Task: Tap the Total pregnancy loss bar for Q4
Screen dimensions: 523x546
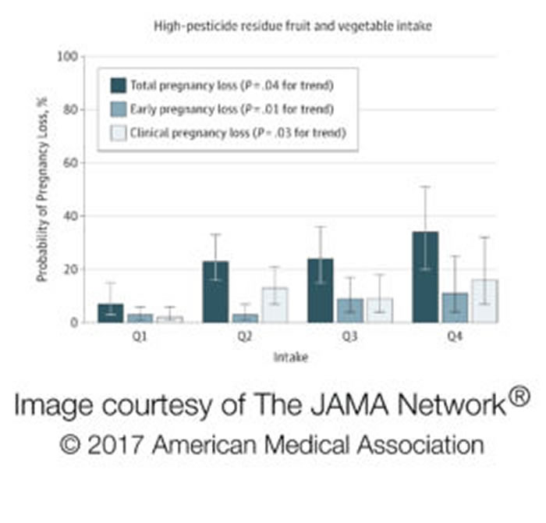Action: point(425,276)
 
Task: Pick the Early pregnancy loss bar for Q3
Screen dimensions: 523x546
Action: point(350,310)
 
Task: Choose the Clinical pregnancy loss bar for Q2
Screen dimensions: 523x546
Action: point(275,304)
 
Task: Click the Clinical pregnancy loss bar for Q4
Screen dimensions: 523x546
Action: point(485,301)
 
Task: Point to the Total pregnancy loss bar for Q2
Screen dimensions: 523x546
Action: point(215,291)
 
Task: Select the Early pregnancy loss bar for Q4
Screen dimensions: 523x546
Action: point(455,308)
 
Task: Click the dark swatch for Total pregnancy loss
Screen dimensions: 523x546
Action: point(119,84)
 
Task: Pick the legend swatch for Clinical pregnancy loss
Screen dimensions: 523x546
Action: point(119,133)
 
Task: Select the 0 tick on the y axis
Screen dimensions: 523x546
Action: point(74,322)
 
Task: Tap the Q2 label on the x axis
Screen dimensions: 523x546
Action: point(245,338)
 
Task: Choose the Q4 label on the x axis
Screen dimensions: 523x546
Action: point(455,338)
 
